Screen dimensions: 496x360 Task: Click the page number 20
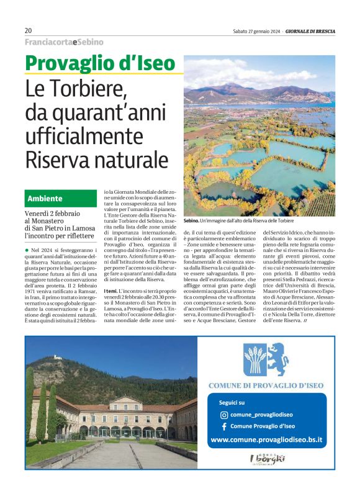click(29, 30)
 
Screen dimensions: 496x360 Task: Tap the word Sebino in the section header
click(91, 42)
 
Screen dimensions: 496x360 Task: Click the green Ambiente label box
click(61, 199)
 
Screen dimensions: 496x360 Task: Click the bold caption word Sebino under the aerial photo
click(192, 220)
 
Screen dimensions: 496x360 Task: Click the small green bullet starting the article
click(27, 248)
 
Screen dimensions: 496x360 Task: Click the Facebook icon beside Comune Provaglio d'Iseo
click(223, 426)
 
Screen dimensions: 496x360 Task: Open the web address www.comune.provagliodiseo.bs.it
click(266, 440)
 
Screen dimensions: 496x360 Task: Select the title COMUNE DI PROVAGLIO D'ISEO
click(266, 386)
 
